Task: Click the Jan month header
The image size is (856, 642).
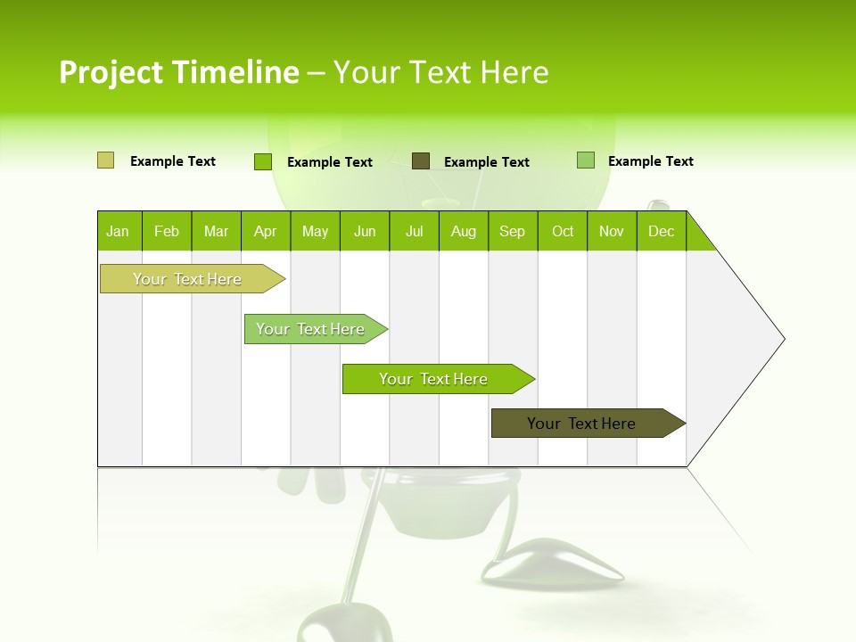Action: click(118, 231)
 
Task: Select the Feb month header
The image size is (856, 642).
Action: click(167, 231)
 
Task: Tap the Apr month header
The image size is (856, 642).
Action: click(265, 231)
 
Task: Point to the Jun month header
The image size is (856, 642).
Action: click(365, 231)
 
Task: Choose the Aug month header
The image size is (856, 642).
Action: click(464, 231)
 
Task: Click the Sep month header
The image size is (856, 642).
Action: click(512, 231)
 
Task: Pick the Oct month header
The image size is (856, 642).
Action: click(563, 231)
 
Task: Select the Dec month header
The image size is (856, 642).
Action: click(661, 231)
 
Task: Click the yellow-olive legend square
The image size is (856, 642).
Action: click(105, 160)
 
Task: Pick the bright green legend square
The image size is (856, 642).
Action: click(262, 161)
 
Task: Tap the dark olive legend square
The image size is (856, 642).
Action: click(421, 160)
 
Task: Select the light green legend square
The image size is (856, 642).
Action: click(585, 160)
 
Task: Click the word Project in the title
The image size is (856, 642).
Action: click(110, 72)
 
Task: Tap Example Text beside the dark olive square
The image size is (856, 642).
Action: click(486, 162)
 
